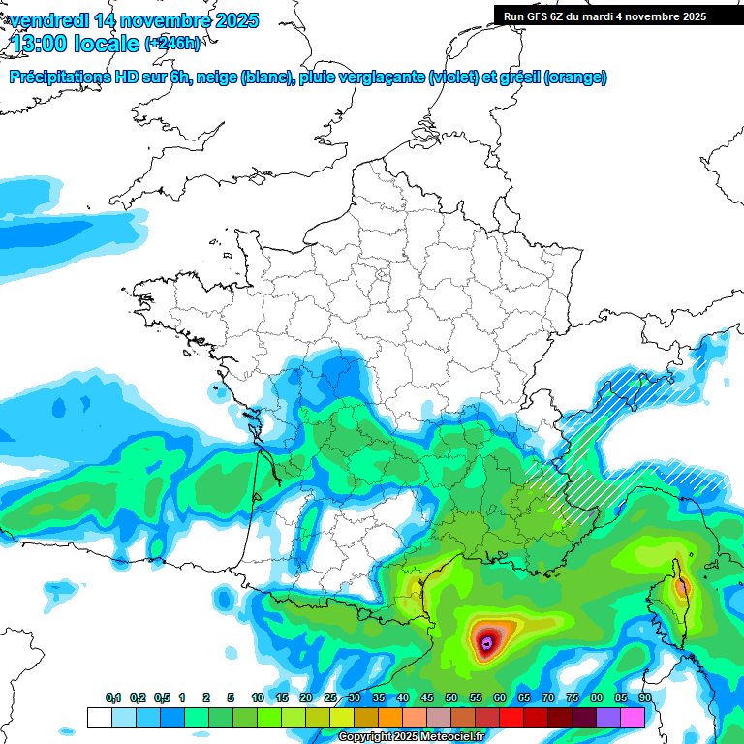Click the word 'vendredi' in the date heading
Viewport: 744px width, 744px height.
coord(48,20)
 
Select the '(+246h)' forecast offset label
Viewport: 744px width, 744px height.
coord(171,43)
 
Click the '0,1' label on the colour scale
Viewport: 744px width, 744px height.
coord(113,698)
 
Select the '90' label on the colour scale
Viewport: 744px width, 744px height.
coord(644,698)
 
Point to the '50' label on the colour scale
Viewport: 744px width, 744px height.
coord(451,698)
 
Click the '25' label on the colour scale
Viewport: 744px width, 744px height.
coord(330,698)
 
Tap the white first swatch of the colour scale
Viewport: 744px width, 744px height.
coord(99,717)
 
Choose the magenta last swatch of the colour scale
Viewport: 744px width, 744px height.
coord(633,717)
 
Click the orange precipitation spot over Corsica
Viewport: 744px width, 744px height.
coord(683,585)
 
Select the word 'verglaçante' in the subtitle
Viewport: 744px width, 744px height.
coord(383,77)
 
